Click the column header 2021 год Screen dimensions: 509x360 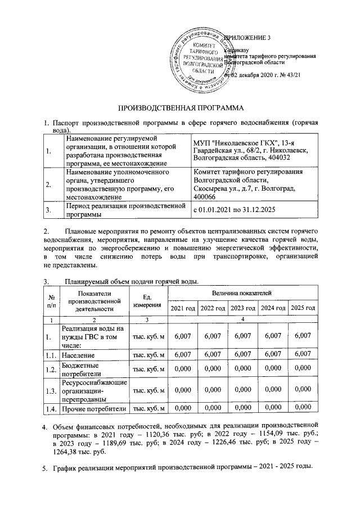coord(183,308)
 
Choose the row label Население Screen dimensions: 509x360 coord(79,355)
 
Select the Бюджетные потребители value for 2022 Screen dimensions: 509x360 coord(213,369)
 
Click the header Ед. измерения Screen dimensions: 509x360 coord(147,300)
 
